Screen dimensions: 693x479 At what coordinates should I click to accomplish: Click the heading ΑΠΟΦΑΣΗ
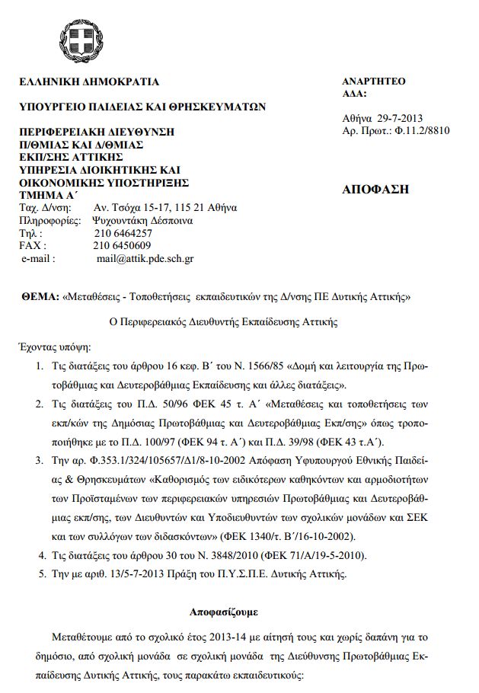click(x=375, y=190)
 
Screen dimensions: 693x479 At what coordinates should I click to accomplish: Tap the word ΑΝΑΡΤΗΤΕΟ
click(x=373, y=81)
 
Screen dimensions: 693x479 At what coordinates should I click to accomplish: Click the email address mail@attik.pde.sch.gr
click(x=145, y=258)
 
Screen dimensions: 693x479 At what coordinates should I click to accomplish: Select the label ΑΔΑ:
click(x=355, y=94)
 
